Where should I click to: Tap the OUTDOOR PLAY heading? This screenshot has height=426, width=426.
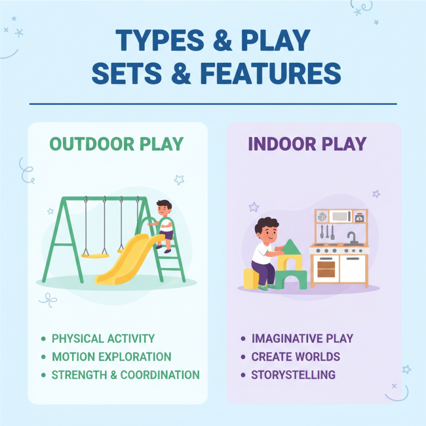pyautogui.click(x=117, y=144)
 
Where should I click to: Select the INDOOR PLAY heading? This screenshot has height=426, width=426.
pyautogui.click(x=307, y=144)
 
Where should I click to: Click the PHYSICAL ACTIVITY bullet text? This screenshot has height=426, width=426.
pyautogui.click(x=103, y=338)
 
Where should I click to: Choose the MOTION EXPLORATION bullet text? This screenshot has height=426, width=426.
pyautogui.click(x=111, y=356)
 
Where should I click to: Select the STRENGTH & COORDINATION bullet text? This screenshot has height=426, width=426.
pyautogui.click(x=125, y=374)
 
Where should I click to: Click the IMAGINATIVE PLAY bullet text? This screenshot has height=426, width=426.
pyautogui.click(x=302, y=338)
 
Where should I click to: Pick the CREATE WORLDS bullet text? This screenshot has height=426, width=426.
pyautogui.click(x=296, y=356)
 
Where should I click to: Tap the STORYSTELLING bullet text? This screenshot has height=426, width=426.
pyautogui.click(x=293, y=374)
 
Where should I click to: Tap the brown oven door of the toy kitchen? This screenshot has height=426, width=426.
pyautogui.click(x=325, y=268)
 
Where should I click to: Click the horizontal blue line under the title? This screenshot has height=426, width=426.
pyautogui.click(x=213, y=104)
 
